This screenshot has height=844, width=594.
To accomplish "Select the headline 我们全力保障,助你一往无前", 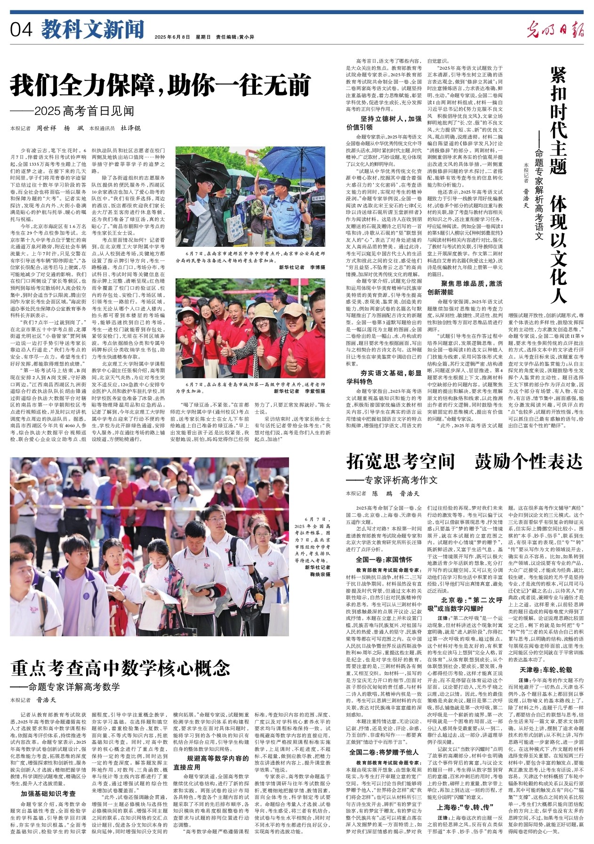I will (161, 85).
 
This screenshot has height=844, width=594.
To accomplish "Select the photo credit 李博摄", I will (316, 267).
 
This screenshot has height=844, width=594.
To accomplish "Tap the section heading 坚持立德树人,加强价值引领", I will (384, 123).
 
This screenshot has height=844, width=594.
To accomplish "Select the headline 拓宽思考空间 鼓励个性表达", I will (464, 462).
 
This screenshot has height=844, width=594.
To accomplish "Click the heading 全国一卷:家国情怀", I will (384, 560).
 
